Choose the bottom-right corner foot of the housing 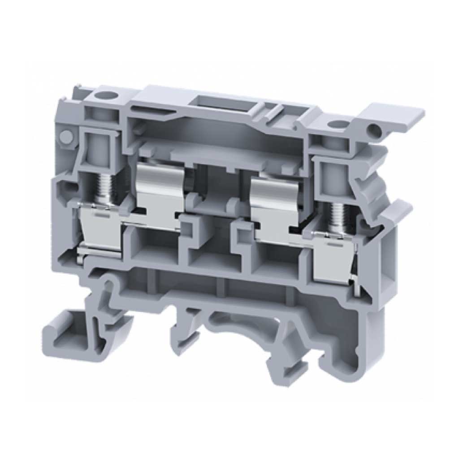359,359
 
